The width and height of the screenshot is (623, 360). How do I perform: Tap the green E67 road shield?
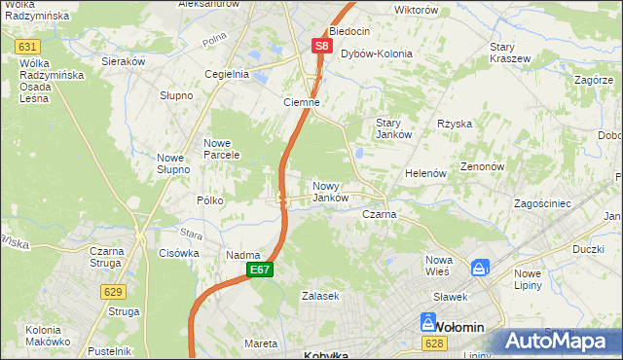258,270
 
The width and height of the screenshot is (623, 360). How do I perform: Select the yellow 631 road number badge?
28,47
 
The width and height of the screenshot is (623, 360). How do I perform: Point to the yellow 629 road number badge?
111,291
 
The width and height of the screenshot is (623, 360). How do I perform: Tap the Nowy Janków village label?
330,191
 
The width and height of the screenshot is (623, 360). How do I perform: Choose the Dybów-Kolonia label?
376,54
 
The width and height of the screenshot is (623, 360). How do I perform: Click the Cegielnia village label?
227,74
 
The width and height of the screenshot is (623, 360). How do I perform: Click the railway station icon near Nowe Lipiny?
480,268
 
